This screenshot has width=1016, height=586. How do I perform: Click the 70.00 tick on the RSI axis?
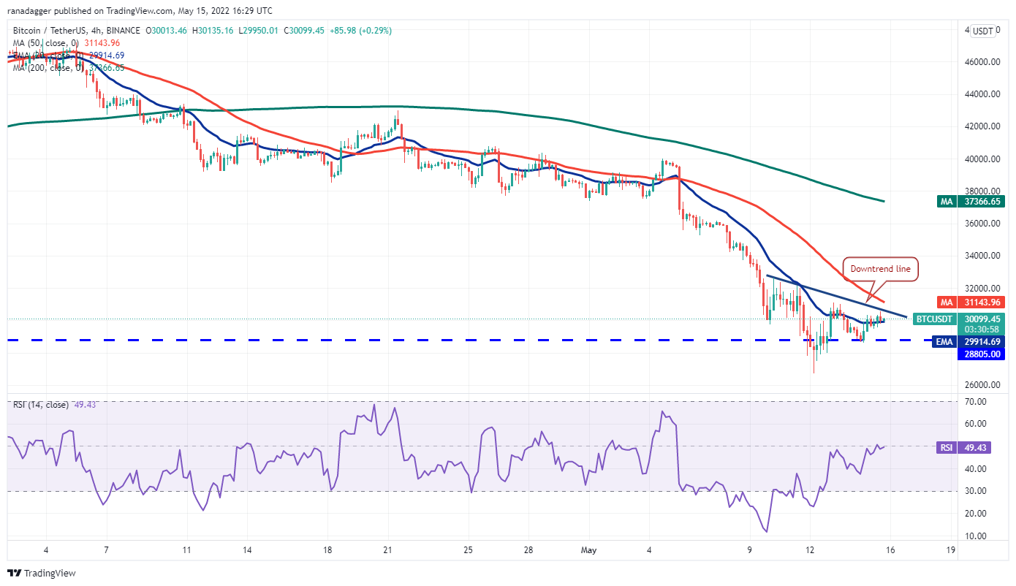click(x=976, y=402)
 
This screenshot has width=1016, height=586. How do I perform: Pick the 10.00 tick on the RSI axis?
click(x=976, y=536)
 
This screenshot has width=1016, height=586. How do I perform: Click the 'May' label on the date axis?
click(x=589, y=549)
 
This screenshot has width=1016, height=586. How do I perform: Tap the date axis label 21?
click(x=388, y=549)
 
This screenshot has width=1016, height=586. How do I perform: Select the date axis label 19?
click(x=949, y=549)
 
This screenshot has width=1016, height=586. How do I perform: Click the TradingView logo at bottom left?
click(x=42, y=574)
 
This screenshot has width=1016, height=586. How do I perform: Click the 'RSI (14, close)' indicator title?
click(x=39, y=405)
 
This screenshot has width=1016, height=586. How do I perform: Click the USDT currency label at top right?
click(x=983, y=31)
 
